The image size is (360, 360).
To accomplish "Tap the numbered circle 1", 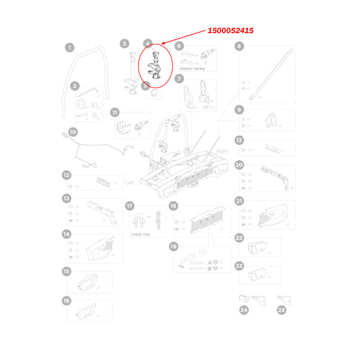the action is (x=70, y=47).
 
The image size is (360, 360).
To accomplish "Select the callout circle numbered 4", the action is (x=148, y=44).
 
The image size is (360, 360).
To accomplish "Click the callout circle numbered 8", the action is (x=239, y=46).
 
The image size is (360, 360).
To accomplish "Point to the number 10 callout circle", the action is (x=73, y=132).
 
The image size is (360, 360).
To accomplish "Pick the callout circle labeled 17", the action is (x=129, y=206).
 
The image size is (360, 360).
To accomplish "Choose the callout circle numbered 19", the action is (x=173, y=247).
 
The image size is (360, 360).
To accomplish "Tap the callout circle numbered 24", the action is (x=244, y=310).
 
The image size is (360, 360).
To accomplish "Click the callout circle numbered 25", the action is (x=281, y=310).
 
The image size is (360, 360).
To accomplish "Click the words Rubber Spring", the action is (x=192, y=69).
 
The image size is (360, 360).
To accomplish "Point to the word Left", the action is (x=129, y=182).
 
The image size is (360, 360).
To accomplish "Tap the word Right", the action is (x=223, y=152).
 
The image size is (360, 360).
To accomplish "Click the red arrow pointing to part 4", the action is (x=186, y=37).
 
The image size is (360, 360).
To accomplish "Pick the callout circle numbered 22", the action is (x=239, y=238).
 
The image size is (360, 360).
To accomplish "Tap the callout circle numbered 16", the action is (x=67, y=301).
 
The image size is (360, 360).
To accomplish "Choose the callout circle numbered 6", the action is (x=179, y=46).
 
